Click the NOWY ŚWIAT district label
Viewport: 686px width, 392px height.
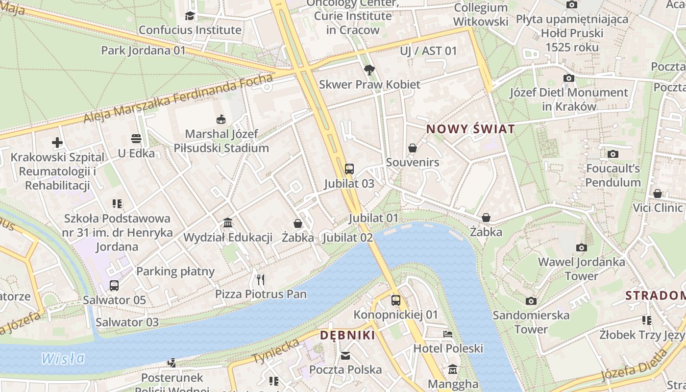tap(470, 129)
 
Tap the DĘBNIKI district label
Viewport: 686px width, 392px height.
tap(347, 336)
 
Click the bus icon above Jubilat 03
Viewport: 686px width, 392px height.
tap(349, 169)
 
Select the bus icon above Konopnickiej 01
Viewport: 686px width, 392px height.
tap(395, 300)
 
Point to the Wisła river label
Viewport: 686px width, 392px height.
tap(63, 359)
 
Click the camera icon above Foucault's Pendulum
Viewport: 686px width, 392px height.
tap(612, 154)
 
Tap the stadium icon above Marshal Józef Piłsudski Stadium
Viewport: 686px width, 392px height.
tap(221, 119)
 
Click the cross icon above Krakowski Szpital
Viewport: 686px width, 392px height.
tap(57, 143)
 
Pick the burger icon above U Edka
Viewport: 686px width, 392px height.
tap(136, 139)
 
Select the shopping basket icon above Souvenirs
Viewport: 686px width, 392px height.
tap(413, 148)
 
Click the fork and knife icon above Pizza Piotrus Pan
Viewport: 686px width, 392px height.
tap(261, 280)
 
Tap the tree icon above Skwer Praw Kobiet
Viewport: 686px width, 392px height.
tap(369, 70)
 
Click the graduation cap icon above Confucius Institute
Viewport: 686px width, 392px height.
tap(190, 16)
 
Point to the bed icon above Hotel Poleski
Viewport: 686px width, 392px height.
tap(448, 334)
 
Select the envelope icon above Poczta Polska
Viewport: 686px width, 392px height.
tap(345, 355)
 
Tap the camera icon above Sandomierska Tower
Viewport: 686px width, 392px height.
tap(531, 301)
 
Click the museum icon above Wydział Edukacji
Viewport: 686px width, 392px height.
tap(227, 223)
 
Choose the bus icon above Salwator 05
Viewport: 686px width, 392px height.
tap(114, 286)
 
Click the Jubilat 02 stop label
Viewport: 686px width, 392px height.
tap(348, 238)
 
